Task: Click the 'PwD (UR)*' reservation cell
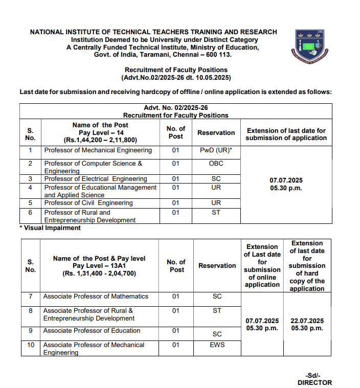216,150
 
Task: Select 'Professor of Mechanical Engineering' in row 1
98,150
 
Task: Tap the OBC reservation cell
216,164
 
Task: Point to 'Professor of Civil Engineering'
88,203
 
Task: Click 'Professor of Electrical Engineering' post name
96,179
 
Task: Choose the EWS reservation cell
217,345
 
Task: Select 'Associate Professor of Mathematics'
96,296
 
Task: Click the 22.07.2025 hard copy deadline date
307,321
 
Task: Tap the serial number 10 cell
31,345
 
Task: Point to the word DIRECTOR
314,382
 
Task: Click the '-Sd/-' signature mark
313,375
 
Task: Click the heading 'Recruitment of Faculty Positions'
176,70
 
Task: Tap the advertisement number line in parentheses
176,78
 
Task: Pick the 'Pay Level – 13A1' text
99,266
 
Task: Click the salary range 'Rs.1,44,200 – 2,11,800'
100,140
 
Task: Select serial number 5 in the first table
31,203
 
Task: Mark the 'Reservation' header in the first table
216,133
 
